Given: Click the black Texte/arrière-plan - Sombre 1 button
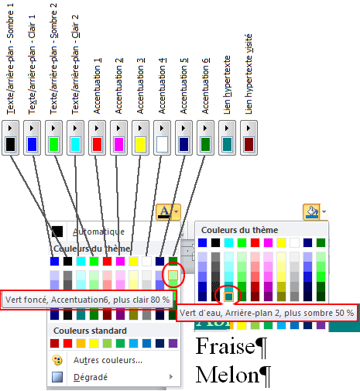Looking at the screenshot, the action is coord(10,138).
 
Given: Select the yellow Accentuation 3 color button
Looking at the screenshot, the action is coord(140,138).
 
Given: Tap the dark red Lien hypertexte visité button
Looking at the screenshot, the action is coord(249,138).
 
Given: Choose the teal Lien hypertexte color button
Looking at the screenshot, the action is coord(227,138).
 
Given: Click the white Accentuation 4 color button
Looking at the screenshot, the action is coord(162,138).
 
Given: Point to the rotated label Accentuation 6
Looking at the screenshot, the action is coord(205,86).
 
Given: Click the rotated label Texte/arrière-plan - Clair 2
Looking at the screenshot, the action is coord(75,64).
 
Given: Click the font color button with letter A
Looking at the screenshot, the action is coord(164,212).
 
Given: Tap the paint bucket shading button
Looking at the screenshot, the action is coord(312,212).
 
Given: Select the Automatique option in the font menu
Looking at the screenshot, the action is coord(99,232).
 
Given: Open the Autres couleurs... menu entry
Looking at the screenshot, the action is coord(108,360).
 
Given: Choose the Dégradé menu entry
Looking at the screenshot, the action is coord(91,377).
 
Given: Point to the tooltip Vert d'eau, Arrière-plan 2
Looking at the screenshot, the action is coord(266,313).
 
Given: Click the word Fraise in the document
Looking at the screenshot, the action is coord(225,346).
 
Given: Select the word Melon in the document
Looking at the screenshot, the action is coord(227,375).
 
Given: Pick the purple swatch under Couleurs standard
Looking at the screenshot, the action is coord(173,344).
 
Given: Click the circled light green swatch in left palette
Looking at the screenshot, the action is coord(173,276).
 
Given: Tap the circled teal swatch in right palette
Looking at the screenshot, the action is coord(228,297).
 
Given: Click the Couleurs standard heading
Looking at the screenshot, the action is coord(90,331).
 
